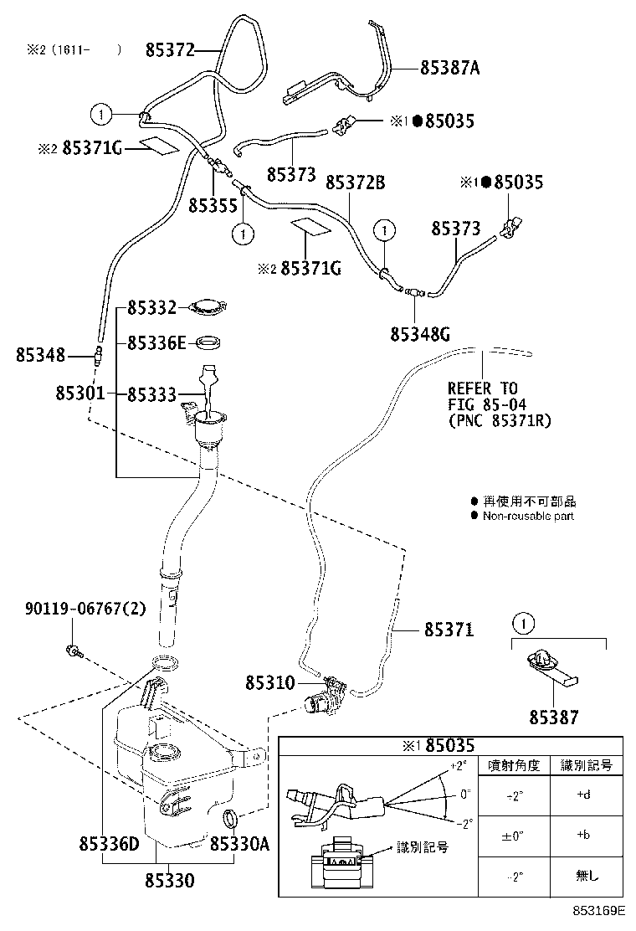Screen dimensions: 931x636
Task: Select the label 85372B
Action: click(x=355, y=182)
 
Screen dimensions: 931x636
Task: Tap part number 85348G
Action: click(x=420, y=334)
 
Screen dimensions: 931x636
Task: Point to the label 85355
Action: click(x=213, y=204)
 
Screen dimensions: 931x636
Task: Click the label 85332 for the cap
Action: click(x=151, y=308)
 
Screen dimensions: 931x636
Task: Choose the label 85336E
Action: click(x=156, y=343)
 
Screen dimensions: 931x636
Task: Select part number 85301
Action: click(x=80, y=393)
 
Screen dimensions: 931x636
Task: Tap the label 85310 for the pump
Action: click(x=269, y=683)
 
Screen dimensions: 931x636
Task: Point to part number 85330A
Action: click(x=239, y=846)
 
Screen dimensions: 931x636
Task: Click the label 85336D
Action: click(x=109, y=846)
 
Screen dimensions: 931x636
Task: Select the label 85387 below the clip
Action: click(x=553, y=718)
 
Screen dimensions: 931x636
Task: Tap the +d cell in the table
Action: click(x=585, y=795)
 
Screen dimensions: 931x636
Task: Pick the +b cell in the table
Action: click(x=585, y=835)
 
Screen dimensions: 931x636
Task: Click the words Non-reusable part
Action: click(x=528, y=516)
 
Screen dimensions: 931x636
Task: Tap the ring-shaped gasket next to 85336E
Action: click(x=208, y=343)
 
